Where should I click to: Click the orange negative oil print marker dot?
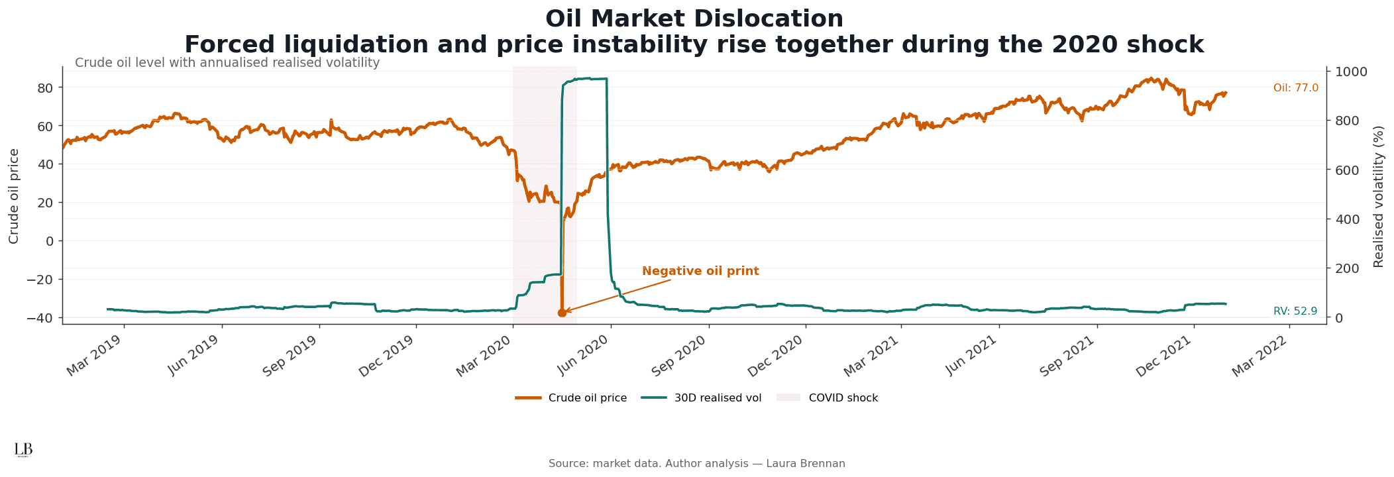pos(562,313)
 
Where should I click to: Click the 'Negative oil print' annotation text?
pos(700,272)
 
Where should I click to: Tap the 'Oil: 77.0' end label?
pos(1295,88)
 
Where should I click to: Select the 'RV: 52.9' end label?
pos(1295,311)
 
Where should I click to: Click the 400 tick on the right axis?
pos(1346,219)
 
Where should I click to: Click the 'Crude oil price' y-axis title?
pos(14,196)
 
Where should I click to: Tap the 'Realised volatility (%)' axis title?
pos(1379,196)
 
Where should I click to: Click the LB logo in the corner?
pos(23,450)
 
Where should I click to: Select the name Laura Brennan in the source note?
pos(805,464)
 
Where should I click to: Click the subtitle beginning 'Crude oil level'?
pos(227,63)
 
